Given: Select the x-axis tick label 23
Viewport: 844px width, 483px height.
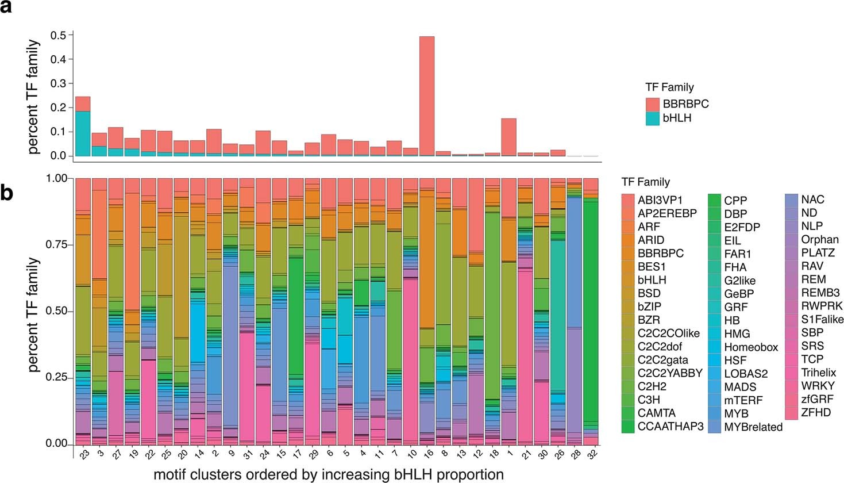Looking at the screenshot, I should point(83,455).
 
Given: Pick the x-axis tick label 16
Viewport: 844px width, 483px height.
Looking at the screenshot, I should point(427,455).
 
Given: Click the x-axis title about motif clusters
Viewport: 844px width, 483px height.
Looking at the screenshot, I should point(329,474).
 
